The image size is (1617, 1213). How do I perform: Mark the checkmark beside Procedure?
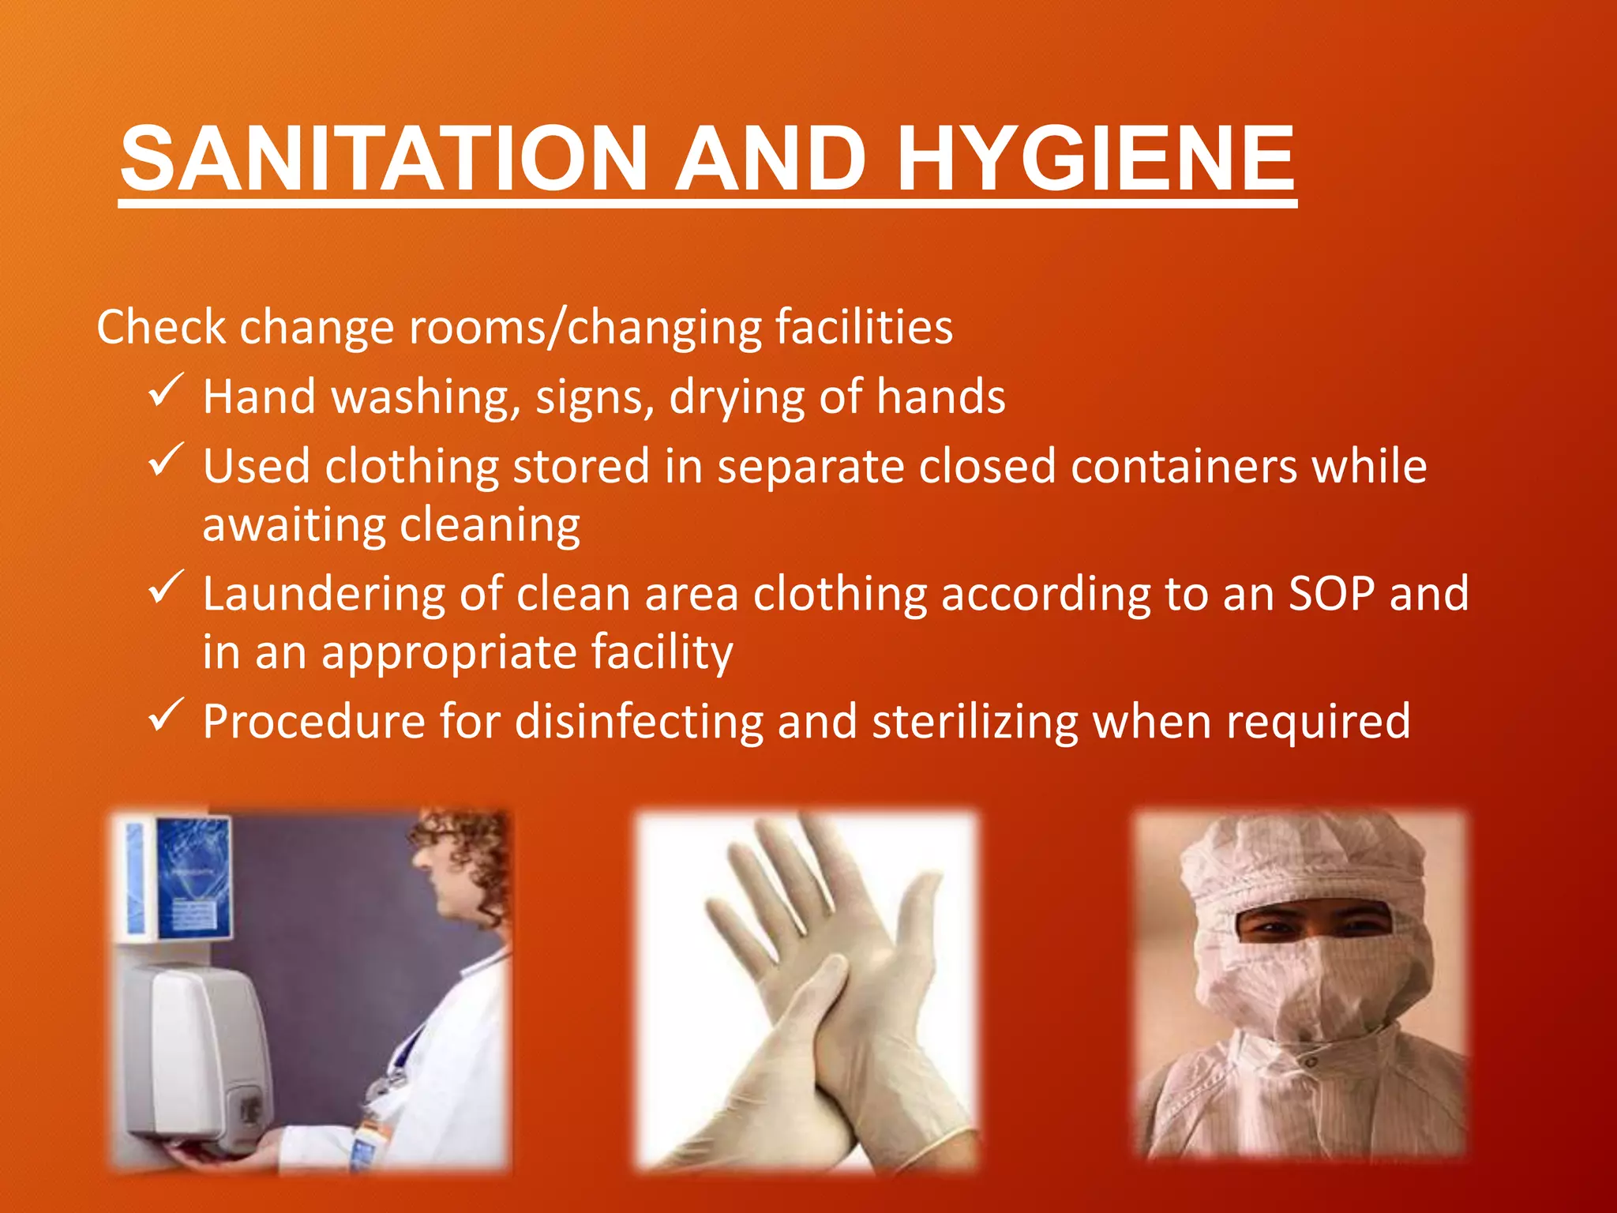[166, 715]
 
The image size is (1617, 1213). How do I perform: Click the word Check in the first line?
[161, 327]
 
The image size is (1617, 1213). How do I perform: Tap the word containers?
[1184, 466]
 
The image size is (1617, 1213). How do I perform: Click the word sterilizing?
[974, 722]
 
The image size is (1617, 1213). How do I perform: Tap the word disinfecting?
[639, 722]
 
